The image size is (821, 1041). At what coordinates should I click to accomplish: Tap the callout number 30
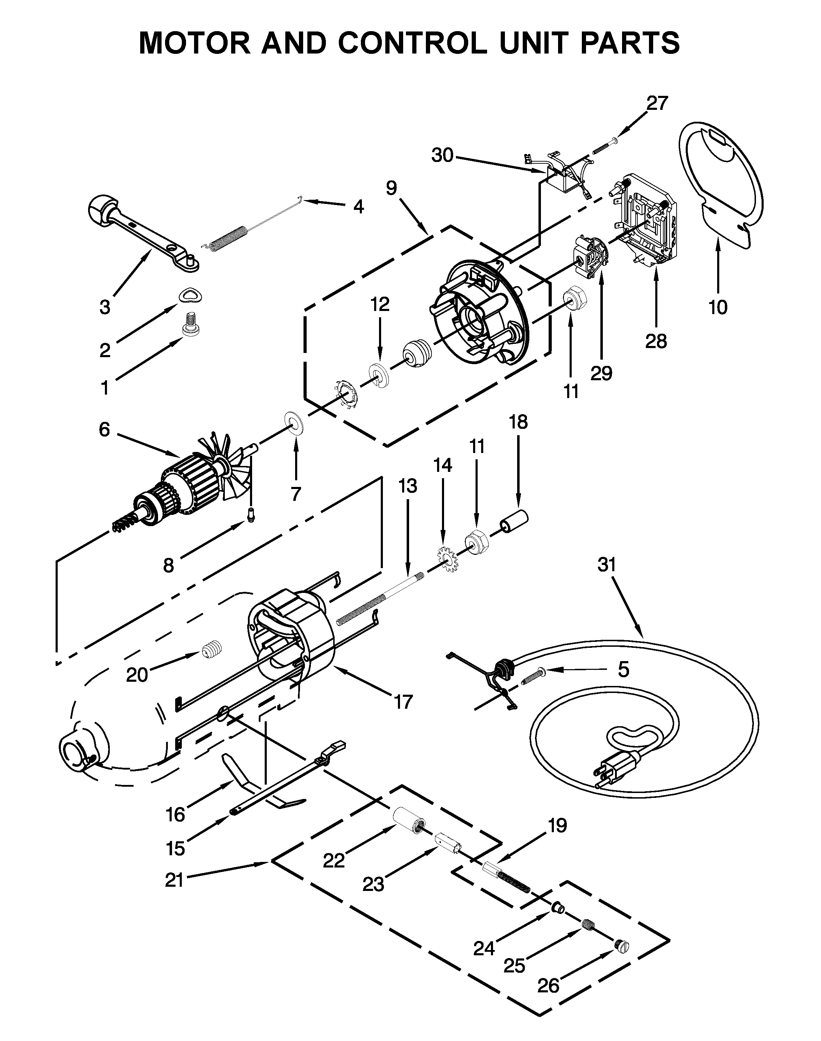click(x=442, y=155)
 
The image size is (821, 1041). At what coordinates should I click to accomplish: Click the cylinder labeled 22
click(x=408, y=819)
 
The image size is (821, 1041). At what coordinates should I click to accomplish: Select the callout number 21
click(x=174, y=880)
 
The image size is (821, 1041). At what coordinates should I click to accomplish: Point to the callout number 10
click(x=718, y=307)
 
